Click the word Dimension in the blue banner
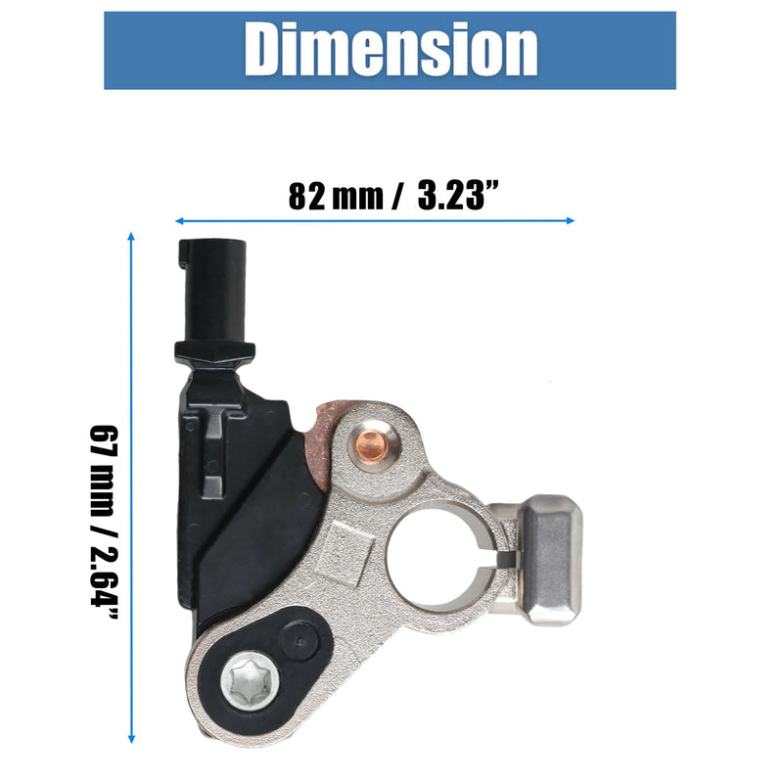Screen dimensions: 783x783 391,50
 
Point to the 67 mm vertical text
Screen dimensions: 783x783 104,472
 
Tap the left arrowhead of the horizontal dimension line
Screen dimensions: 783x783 180,221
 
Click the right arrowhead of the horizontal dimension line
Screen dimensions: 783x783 570,221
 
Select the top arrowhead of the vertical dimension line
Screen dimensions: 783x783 131,237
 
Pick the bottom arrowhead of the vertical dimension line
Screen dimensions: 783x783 131,739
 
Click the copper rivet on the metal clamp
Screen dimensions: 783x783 371,444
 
